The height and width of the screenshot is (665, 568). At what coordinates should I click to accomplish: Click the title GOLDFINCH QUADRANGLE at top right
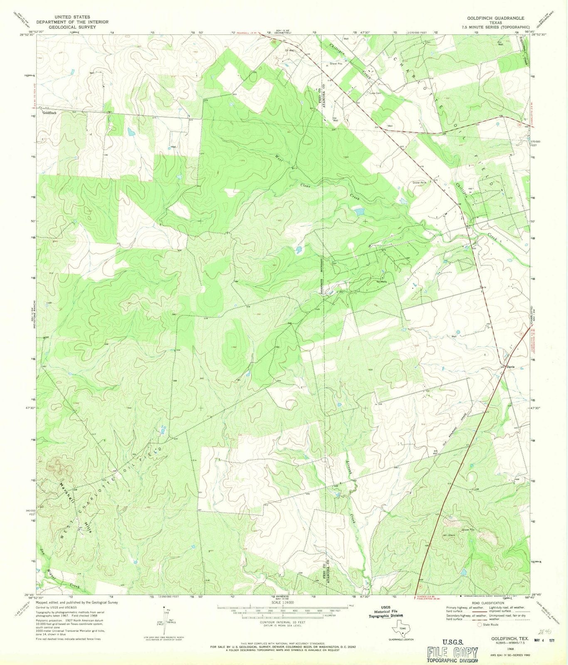pyautogui.click(x=495, y=18)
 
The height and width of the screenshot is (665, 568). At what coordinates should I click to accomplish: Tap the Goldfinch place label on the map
pyautogui.click(x=49, y=113)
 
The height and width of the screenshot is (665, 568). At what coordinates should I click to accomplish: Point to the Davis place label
pyautogui.click(x=511, y=367)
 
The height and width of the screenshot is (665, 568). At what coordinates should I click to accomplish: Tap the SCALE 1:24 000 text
pyautogui.click(x=283, y=602)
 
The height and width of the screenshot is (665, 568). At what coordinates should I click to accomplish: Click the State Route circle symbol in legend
pyautogui.click(x=480, y=624)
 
